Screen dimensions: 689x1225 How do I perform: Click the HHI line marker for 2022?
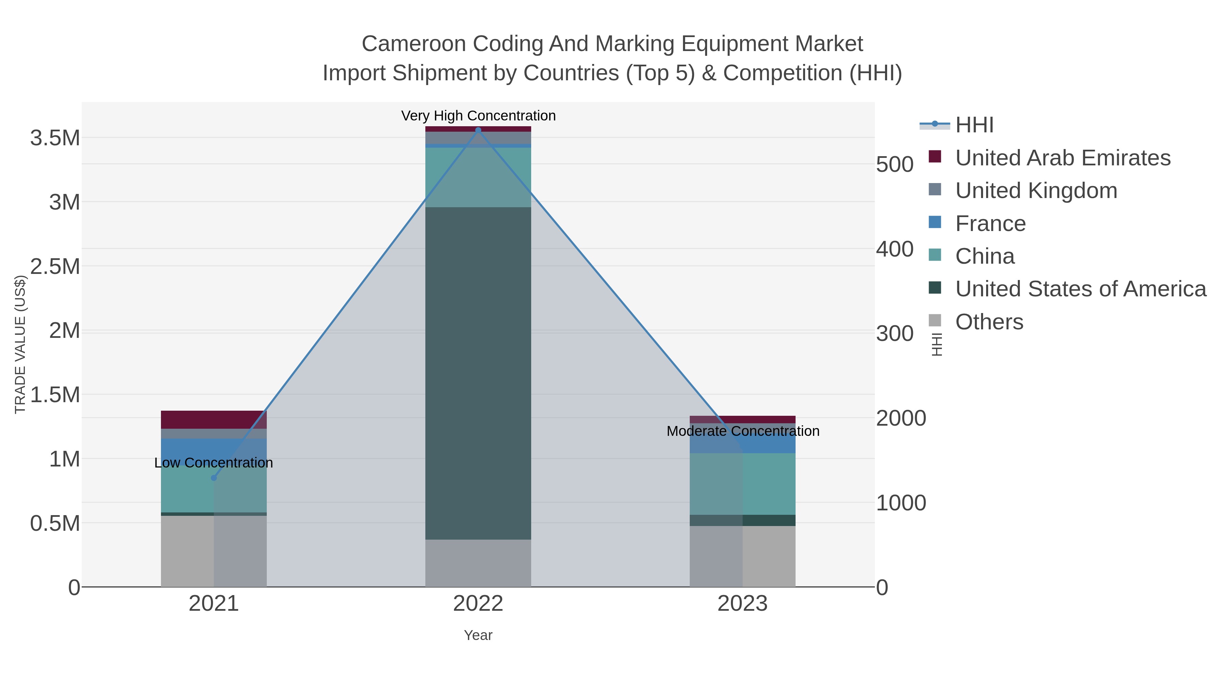[x=478, y=130]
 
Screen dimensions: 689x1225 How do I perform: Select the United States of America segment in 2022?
[x=478, y=373]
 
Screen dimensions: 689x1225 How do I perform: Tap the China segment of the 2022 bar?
[x=478, y=177]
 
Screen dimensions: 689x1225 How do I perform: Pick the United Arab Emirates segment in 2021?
[x=213, y=420]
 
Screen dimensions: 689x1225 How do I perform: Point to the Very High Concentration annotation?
[x=478, y=116]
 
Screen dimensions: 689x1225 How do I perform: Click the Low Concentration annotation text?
[x=213, y=463]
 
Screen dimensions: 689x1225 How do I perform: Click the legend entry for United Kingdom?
[x=1036, y=191]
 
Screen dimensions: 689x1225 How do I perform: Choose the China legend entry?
[x=984, y=256]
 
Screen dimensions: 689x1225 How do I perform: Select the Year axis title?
[x=478, y=635]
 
